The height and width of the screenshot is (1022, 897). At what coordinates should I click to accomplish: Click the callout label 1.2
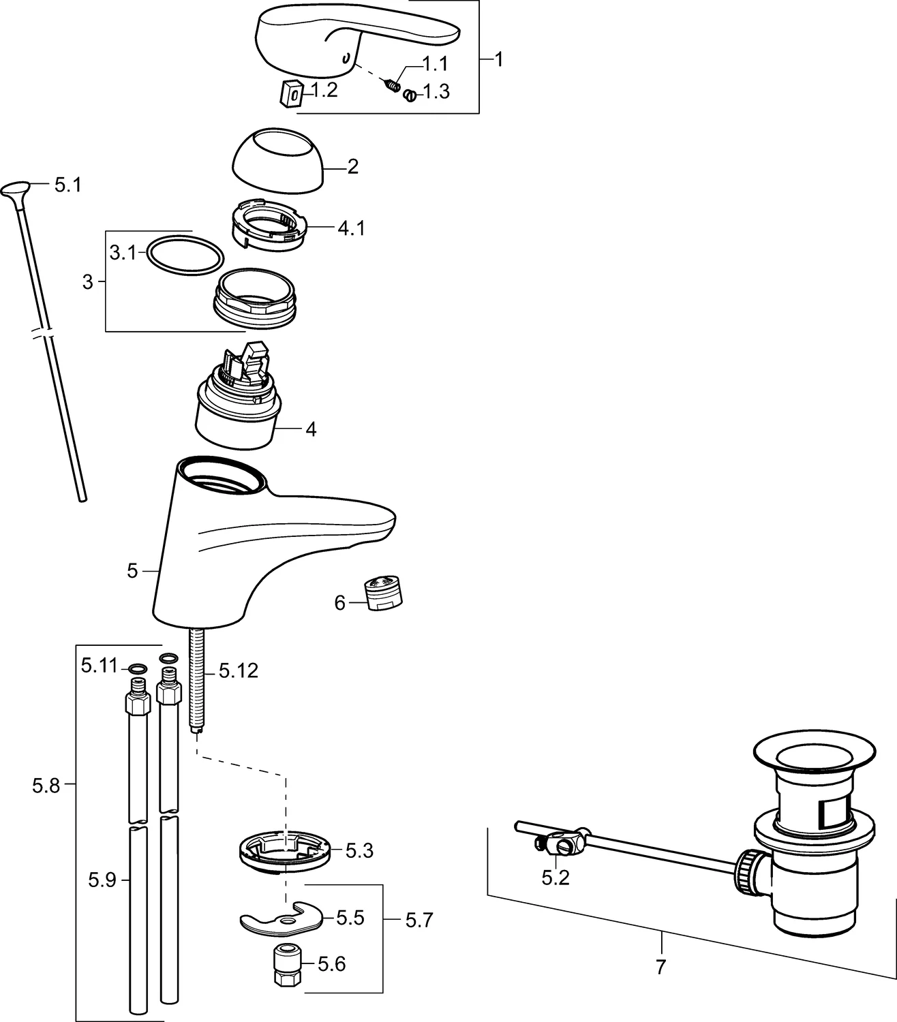pos(324,91)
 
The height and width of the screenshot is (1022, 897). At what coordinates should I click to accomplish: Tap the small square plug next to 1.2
pos(292,92)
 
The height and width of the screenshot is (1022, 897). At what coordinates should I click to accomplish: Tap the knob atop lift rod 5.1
pos(16,188)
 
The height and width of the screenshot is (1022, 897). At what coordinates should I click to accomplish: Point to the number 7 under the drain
pos(660,967)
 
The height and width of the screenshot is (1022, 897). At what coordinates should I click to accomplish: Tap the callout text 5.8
pos(46,786)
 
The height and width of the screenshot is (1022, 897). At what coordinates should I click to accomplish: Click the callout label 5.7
pos(419,920)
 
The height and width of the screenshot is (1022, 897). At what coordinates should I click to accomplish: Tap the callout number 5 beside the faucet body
pos(132,571)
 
